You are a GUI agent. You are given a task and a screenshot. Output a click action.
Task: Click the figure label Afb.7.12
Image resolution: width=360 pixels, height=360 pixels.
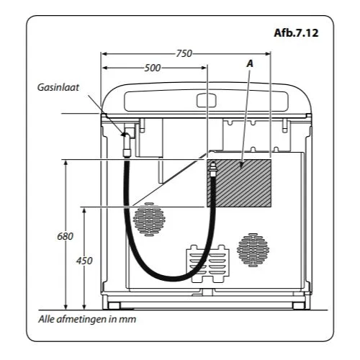[296, 33]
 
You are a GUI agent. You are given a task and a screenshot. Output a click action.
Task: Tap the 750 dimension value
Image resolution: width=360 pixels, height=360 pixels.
[184, 53]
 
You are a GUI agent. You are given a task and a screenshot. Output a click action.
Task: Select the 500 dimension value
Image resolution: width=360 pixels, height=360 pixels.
[153, 68]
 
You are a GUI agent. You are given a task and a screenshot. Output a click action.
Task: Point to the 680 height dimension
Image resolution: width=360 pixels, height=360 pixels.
[65, 236]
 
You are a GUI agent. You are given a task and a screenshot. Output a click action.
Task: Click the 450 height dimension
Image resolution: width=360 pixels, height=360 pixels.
[84, 261]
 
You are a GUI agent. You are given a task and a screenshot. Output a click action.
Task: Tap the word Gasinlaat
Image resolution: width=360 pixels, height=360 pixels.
[58, 87]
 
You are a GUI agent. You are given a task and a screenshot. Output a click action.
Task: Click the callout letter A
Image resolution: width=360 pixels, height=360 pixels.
[250, 64]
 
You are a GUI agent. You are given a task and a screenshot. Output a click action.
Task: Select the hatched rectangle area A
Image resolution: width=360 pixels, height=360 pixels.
[239, 183]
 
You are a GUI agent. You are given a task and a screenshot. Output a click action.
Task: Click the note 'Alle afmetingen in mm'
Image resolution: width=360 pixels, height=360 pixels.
[87, 319]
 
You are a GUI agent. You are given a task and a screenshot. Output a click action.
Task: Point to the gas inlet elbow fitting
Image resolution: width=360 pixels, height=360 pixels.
[127, 136]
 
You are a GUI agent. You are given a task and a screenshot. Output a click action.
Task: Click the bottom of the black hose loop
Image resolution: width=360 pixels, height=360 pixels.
[172, 279]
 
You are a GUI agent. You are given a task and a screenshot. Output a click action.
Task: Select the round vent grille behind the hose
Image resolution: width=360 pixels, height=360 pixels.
[149, 219]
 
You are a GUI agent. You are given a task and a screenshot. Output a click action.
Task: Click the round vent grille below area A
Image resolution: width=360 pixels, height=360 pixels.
[253, 250]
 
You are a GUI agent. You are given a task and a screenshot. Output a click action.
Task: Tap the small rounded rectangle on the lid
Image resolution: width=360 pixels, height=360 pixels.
[207, 100]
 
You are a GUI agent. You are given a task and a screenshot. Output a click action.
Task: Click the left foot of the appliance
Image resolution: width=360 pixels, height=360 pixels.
[114, 305]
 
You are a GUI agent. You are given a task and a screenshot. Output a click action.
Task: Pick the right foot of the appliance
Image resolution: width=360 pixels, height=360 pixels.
[299, 305]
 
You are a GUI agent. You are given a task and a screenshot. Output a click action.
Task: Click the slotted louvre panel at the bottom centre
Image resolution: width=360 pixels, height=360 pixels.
[208, 264]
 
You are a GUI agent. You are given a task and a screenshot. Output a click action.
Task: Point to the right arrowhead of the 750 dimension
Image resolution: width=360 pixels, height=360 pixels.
[268, 54]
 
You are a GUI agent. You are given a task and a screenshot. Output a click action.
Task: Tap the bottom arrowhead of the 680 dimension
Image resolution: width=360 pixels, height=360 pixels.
[66, 307]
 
